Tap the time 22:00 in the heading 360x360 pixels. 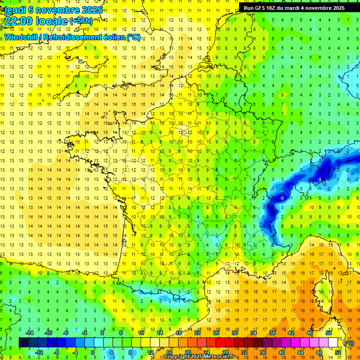click(19, 21)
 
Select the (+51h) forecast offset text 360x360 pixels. click(81, 21)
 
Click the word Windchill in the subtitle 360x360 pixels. click(22, 37)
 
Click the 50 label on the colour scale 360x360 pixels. click(329, 333)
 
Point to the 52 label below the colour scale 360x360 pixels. click(338, 352)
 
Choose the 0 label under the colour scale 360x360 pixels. click(93, 352)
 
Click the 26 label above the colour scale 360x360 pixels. click(216, 333)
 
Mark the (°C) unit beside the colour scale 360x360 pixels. click(349, 343)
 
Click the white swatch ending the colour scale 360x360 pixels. click(333, 343)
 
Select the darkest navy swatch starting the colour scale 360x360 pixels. click(24, 343)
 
